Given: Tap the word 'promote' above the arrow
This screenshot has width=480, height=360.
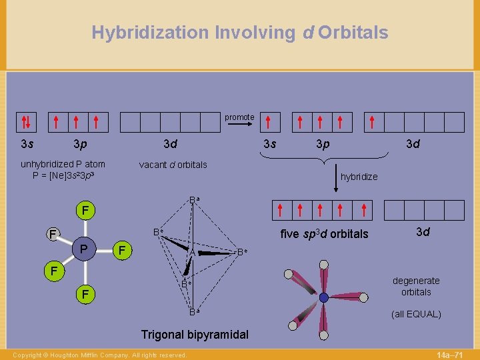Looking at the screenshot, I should coord(239,117).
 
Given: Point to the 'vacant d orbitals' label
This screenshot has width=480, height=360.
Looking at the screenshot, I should coord(173,165).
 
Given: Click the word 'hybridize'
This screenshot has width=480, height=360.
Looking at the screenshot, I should coord(359,177).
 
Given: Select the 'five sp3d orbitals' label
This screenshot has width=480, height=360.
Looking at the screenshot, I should coord(324,234).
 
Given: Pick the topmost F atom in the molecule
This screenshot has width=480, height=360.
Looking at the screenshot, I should coord(84,211).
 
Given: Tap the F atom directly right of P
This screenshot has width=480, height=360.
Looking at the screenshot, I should coord(121,251).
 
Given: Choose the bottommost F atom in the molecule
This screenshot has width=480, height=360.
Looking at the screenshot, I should coord(84,293).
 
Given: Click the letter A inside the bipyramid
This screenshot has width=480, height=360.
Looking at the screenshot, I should coord(191,253).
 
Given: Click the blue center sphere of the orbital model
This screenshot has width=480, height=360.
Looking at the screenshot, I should coord(323,297).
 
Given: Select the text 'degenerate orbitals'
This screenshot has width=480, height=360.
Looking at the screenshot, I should coord(416,287).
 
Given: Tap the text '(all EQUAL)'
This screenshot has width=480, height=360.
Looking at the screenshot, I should coord(416,314).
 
